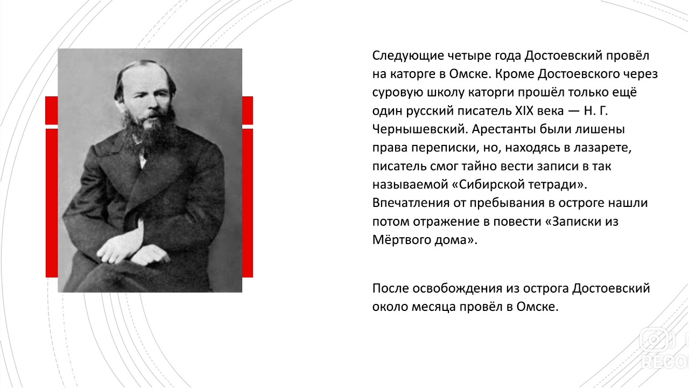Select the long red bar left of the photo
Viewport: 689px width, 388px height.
(x=52, y=202)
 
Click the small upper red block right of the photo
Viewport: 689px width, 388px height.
(x=248, y=110)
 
